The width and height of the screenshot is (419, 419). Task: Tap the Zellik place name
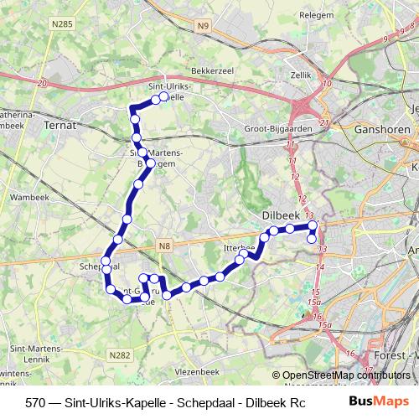[301, 75]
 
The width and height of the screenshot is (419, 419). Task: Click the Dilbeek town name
[280, 214]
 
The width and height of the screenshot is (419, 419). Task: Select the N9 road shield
[202, 28]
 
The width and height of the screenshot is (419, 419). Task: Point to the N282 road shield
[120, 355]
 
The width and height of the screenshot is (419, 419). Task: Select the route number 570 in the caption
[35, 401]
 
